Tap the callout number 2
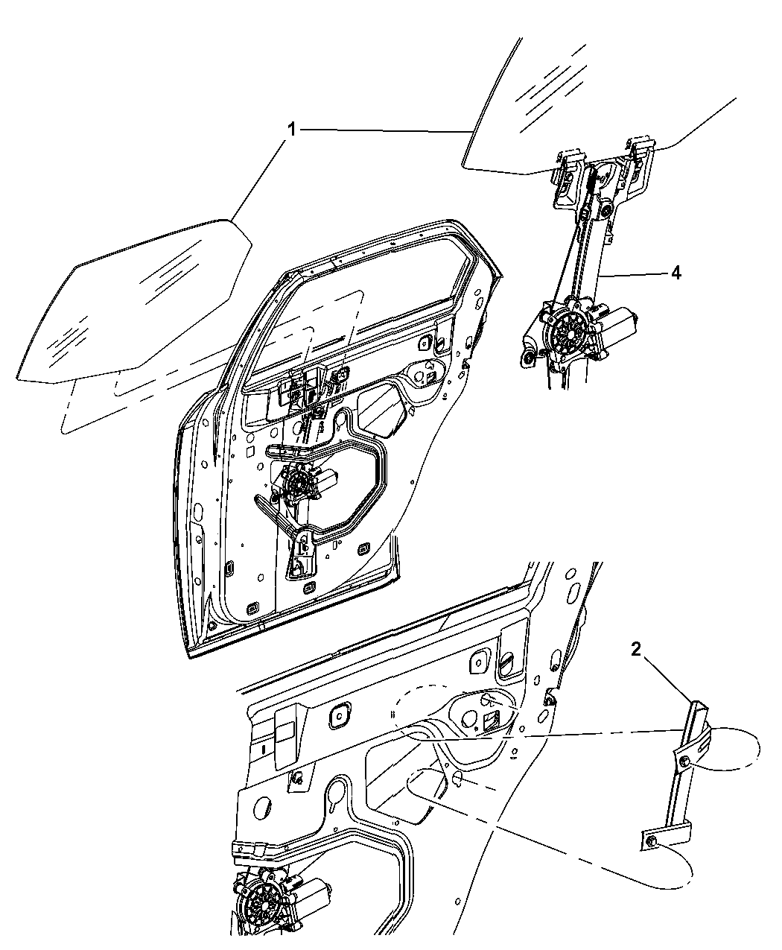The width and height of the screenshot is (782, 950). coord(636,649)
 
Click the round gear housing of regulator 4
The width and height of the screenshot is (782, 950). coord(570,332)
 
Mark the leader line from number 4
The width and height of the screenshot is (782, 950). coord(633,274)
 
